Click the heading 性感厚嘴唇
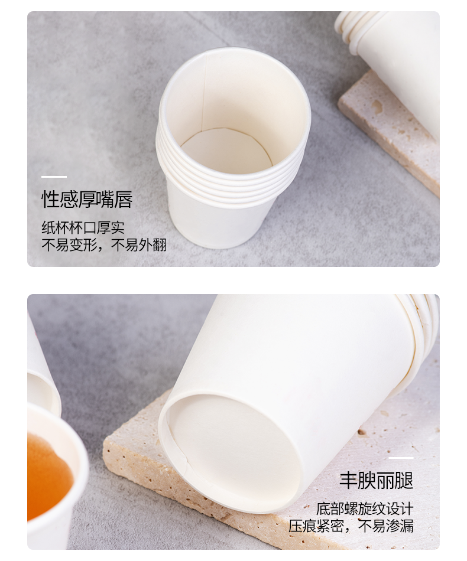coord(87,199)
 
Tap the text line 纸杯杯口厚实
coord(83,227)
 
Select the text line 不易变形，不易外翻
coord(104,245)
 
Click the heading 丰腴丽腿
coord(377,480)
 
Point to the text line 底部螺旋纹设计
coord(365,508)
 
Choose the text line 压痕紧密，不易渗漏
coord(351,526)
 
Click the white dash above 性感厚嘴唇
coord(54,177)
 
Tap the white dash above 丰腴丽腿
coord(401,458)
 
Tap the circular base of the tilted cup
coord(233,451)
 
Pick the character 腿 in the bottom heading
coord(405,480)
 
